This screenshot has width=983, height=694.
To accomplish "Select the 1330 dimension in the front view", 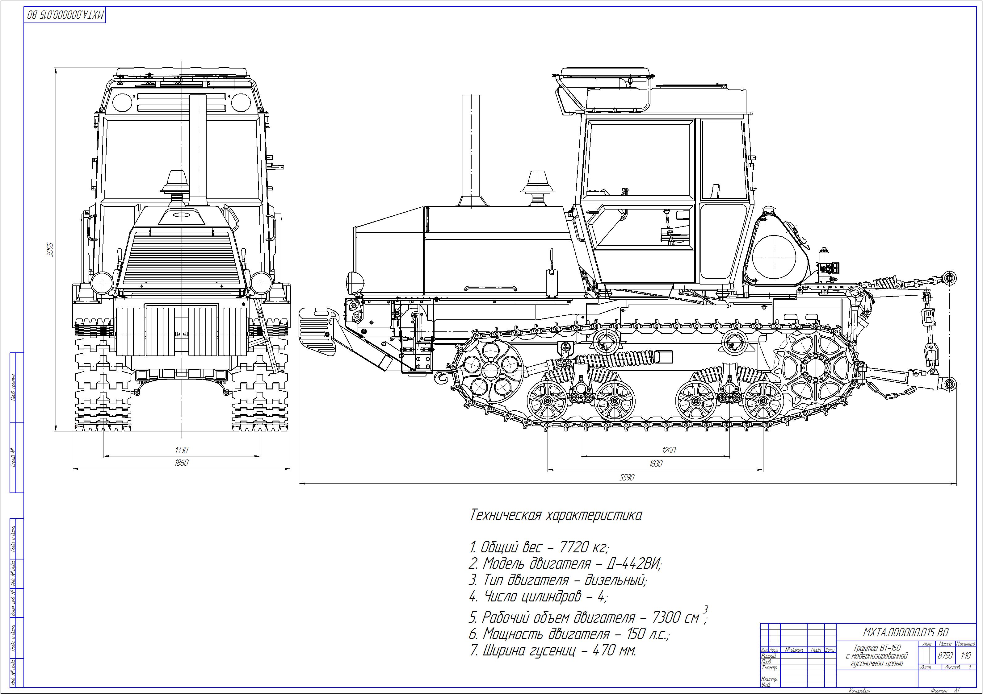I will pyautogui.click(x=182, y=450).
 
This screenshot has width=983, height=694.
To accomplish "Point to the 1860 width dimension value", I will pyautogui.click(x=182, y=463).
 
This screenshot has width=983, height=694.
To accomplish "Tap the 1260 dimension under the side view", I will pyautogui.click(x=668, y=450).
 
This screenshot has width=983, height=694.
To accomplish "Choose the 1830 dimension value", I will pyautogui.click(x=655, y=463).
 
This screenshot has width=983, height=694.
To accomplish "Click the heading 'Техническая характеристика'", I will pyautogui.click(x=556, y=515).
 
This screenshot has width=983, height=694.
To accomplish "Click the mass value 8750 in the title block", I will pyautogui.click(x=945, y=655).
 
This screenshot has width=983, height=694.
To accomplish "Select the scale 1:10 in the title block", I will pyautogui.click(x=966, y=655).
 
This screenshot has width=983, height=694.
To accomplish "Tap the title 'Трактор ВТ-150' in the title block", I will pyautogui.click(x=876, y=648).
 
